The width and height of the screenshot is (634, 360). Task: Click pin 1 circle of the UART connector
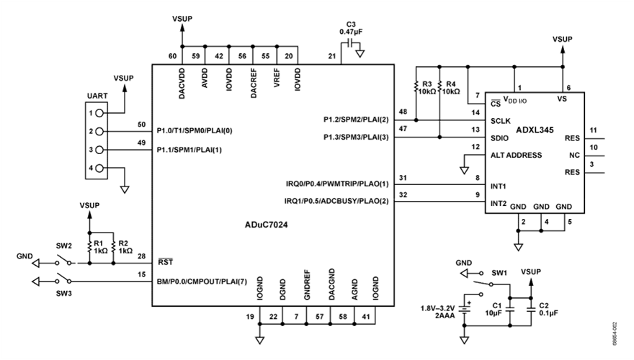point(93,113)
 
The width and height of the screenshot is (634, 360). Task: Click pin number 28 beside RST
point(140,256)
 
